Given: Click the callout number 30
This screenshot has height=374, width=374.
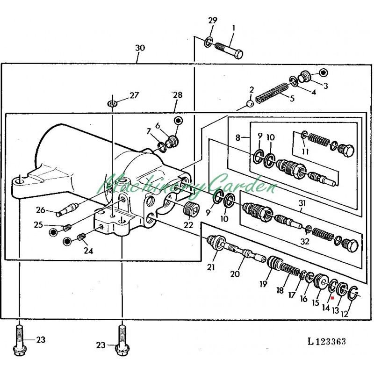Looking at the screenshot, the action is (140, 48).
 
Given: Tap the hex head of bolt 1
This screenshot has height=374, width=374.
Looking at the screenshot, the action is (238, 54).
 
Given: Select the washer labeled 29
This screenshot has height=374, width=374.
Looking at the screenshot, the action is (208, 42).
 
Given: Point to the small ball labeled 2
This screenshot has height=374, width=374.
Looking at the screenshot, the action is (250, 104).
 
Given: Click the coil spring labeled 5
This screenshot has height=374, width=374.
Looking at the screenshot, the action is (272, 93).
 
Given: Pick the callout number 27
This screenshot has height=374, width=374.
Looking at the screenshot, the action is (134, 95).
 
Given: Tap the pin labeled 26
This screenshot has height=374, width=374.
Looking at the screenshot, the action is (67, 209).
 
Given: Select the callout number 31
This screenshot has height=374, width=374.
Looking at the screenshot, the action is (302, 203).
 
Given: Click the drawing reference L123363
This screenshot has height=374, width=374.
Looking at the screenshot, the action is (327, 341).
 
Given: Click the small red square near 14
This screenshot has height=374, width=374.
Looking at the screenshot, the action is (332, 298).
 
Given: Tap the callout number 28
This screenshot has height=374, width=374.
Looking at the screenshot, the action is (178, 95).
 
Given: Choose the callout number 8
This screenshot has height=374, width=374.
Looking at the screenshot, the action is (237, 137).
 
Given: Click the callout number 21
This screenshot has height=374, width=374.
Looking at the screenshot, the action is (211, 267).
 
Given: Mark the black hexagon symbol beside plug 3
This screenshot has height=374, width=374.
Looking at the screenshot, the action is (323, 72).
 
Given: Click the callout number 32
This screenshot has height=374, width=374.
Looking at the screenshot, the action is (305, 241).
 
